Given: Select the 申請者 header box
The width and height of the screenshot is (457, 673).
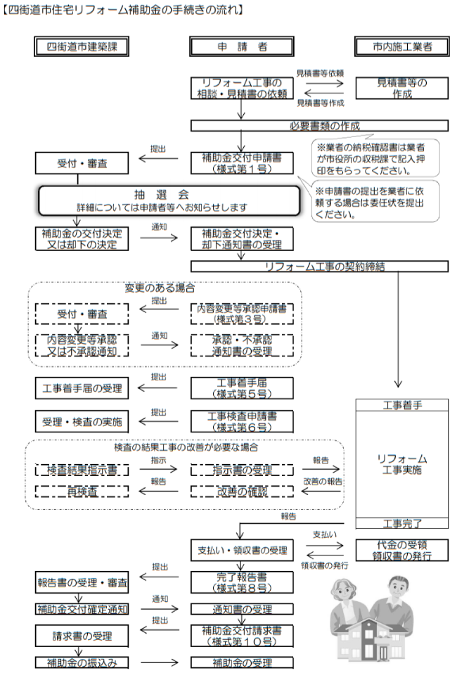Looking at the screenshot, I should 241,46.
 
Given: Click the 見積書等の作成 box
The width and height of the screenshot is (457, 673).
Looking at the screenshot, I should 402,88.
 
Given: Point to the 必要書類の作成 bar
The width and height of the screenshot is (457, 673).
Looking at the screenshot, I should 319,126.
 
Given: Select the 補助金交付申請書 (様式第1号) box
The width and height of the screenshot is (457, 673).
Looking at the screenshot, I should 241,163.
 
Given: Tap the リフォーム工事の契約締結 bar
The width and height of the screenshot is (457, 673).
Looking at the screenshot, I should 319,267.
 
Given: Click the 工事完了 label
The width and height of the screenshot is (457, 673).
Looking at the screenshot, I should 402,523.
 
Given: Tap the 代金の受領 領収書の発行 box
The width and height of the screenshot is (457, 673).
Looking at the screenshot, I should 402,550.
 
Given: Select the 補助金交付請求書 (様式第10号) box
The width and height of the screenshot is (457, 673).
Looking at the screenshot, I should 241,635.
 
